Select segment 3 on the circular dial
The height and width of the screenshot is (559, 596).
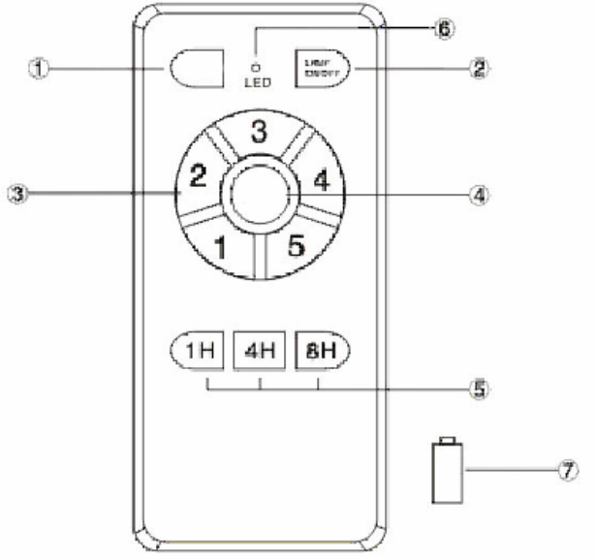click(260, 135)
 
